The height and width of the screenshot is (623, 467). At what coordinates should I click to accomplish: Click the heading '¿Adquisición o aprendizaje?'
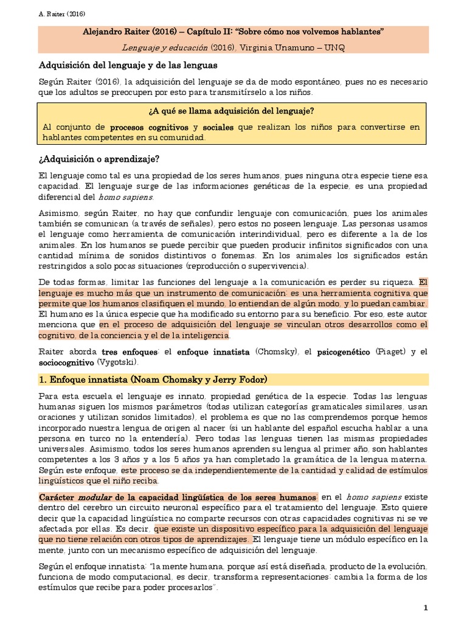pyautogui.click(x=99, y=159)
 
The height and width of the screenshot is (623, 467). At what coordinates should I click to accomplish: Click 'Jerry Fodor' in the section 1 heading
pyautogui.click(x=234, y=380)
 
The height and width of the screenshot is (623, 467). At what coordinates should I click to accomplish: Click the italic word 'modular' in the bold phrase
pyautogui.click(x=93, y=496)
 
